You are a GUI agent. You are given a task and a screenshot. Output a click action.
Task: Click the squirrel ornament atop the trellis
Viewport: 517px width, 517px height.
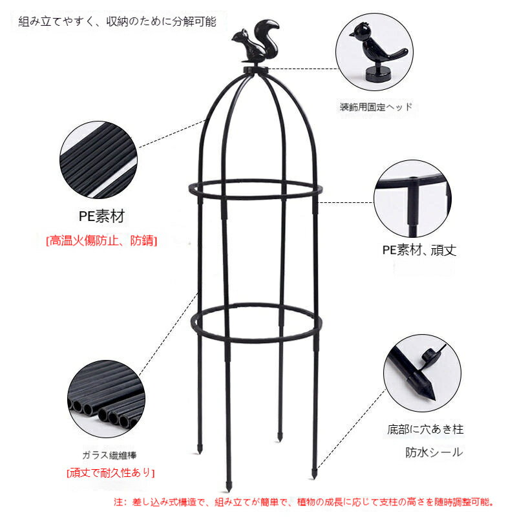(x=255, y=43)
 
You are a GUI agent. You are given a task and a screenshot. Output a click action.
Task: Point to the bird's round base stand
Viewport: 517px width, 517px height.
(x=378, y=73)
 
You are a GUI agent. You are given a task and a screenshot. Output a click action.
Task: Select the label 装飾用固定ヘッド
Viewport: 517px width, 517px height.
(x=376, y=107)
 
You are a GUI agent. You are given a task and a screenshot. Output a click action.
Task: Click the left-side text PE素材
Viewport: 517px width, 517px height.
(x=101, y=216)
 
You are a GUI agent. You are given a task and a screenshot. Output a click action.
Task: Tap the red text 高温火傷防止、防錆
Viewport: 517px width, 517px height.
(x=101, y=240)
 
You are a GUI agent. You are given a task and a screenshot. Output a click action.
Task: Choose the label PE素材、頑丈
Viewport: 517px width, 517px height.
(x=419, y=250)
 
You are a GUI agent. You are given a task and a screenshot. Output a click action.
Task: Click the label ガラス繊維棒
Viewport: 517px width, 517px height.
(x=109, y=456)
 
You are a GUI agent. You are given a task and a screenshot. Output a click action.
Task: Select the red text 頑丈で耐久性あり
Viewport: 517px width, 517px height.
(x=111, y=473)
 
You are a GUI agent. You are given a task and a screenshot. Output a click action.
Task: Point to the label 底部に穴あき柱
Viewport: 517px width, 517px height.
(x=425, y=429)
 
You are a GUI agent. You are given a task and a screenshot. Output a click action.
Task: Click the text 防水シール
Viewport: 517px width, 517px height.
(x=434, y=452)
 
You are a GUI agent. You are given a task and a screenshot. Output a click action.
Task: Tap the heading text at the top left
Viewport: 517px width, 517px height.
(x=118, y=22)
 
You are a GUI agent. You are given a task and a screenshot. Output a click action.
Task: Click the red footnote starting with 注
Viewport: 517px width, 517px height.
(x=304, y=502)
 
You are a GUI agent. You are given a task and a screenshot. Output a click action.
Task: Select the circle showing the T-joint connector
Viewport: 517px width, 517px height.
(x=412, y=199)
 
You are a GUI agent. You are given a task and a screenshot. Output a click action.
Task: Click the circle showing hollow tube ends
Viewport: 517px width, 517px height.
(x=106, y=399)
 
